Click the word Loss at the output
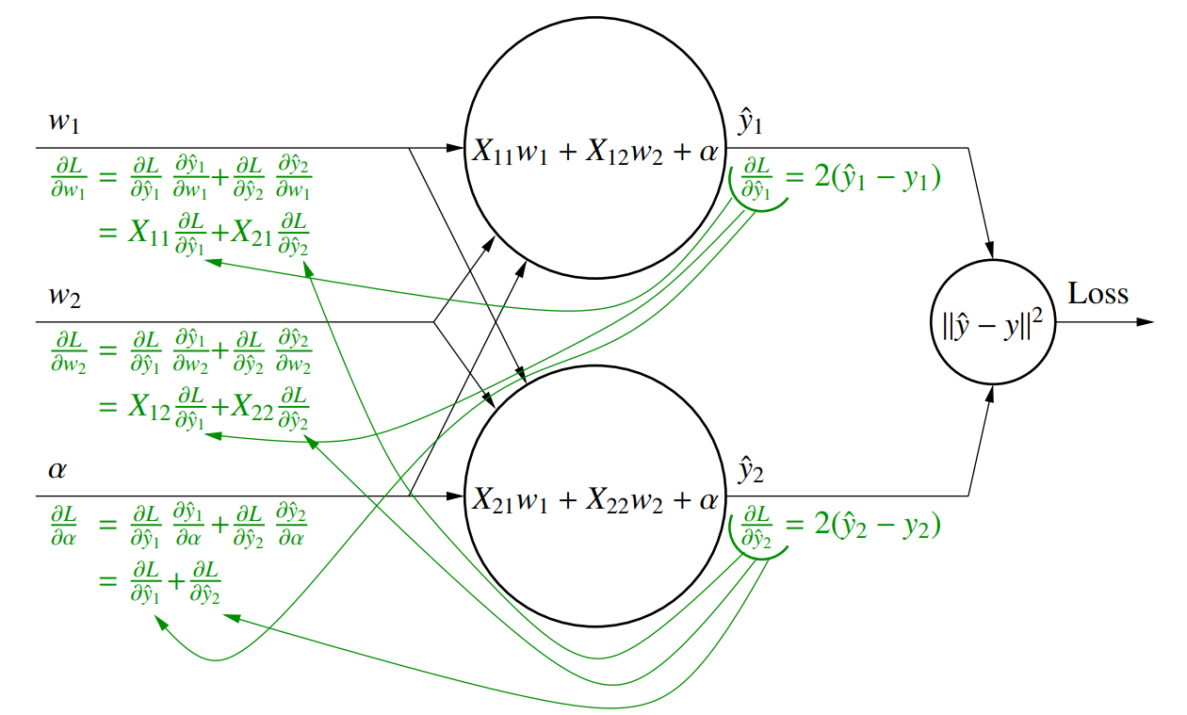point(1098,294)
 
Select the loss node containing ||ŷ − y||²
point(992,322)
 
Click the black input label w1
point(65,122)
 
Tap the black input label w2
point(65,298)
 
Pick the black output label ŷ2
point(751,471)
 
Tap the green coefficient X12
point(150,408)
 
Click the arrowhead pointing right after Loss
point(1146,322)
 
